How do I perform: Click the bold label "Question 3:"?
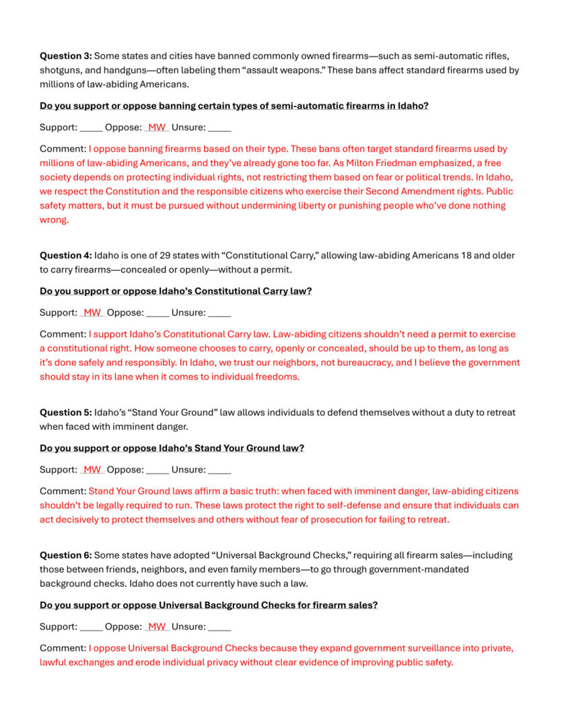pos(65,56)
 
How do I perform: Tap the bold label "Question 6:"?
pos(65,555)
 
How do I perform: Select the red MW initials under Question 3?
pos(157,127)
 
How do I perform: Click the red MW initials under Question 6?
pos(157,627)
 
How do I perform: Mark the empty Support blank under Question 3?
pos(92,127)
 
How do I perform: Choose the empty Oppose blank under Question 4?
pos(157,312)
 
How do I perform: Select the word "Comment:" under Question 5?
pos(63,491)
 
